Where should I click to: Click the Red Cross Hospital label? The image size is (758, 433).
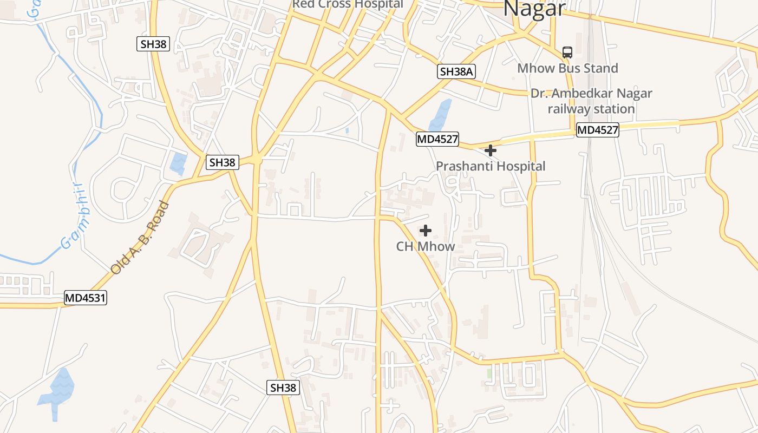(348, 4)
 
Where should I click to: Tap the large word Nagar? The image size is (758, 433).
(534, 9)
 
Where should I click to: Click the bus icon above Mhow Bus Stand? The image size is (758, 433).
(567, 53)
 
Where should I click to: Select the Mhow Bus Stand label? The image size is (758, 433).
(567, 68)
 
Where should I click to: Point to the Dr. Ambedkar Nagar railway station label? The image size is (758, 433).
(591, 101)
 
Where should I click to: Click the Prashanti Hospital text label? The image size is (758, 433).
(491, 166)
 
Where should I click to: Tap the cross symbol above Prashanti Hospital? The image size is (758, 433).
(491, 150)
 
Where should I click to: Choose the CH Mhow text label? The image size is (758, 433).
(426, 246)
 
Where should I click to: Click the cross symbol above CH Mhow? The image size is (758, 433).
(426, 231)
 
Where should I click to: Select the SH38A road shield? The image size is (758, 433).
(456, 71)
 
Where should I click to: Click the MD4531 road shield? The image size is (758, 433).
(86, 297)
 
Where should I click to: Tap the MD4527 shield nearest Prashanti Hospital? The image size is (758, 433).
(437, 139)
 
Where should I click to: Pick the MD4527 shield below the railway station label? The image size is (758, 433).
(597, 130)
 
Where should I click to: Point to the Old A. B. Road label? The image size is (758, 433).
(140, 238)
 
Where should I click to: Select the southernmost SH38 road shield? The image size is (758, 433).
(283, 388)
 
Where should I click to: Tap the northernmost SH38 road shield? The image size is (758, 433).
(153, 44)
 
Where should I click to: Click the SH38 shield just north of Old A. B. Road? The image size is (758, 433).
(223, 162)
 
